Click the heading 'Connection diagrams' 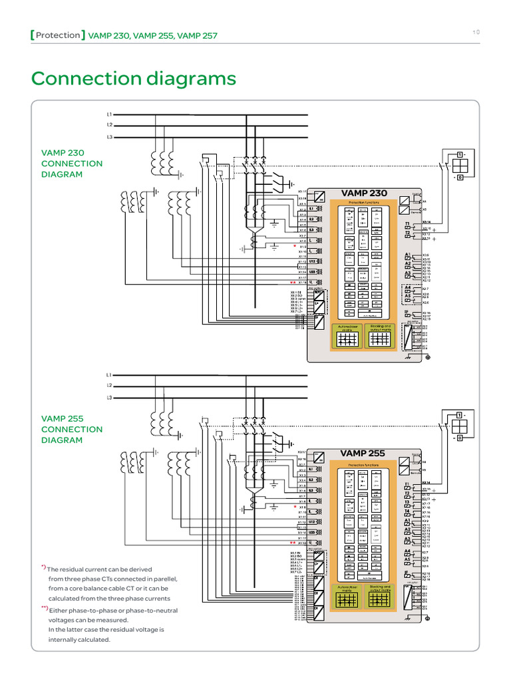(x=133, y=78)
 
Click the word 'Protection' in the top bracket (x=58, y=35)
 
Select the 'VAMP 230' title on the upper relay (x=364, y=193)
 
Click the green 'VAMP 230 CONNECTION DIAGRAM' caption (x=72, y=164)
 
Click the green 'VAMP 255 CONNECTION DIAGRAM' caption (x=72, y=429)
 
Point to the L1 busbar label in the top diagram (x=110, y=114)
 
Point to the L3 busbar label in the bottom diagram (x=110, y=398)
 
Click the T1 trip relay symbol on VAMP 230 (x=407, y=225)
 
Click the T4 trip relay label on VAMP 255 (x=407, y=511)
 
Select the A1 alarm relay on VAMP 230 (x=407, y=255)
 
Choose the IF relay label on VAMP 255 (x=407, y=572)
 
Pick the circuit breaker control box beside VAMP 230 (x=458, y=165)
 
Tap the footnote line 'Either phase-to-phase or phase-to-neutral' (x=112, y=611)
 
